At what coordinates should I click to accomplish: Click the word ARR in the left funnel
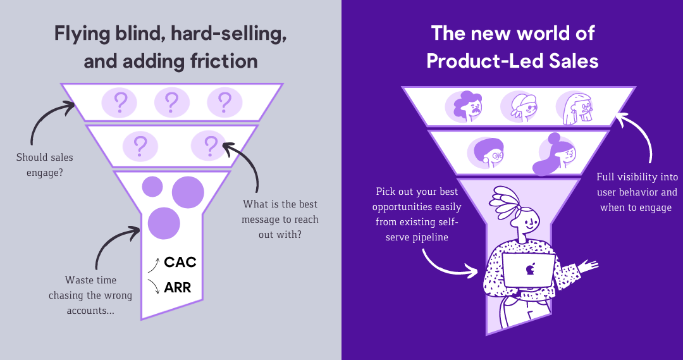point(177,289)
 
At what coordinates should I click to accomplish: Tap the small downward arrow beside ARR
point(152,286)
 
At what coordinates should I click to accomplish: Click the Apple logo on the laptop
point(529,270)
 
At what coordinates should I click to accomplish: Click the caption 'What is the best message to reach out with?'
point(280,219)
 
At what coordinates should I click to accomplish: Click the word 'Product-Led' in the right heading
point(480,61)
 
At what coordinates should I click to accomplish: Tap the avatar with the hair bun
point(555,154)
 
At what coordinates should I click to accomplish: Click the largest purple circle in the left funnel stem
point(188,192)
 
